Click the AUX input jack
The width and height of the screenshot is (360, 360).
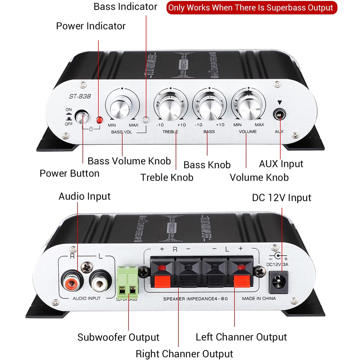[x=279, y=115]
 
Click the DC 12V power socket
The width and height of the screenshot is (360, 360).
[x=279, y=280]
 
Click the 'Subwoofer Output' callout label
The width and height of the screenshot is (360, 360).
[x=118, y=337]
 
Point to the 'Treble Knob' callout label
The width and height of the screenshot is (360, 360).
[x=167, y=177]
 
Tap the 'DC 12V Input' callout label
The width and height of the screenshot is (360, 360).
[x=282, y=198]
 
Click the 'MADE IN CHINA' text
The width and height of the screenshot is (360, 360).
[x=259, y=298]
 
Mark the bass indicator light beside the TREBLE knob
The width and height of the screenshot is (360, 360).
[x=146, y=120]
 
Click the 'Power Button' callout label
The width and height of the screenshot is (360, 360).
[x=69, y=173]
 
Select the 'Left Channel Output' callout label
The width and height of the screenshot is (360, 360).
[x=241, y=337]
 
